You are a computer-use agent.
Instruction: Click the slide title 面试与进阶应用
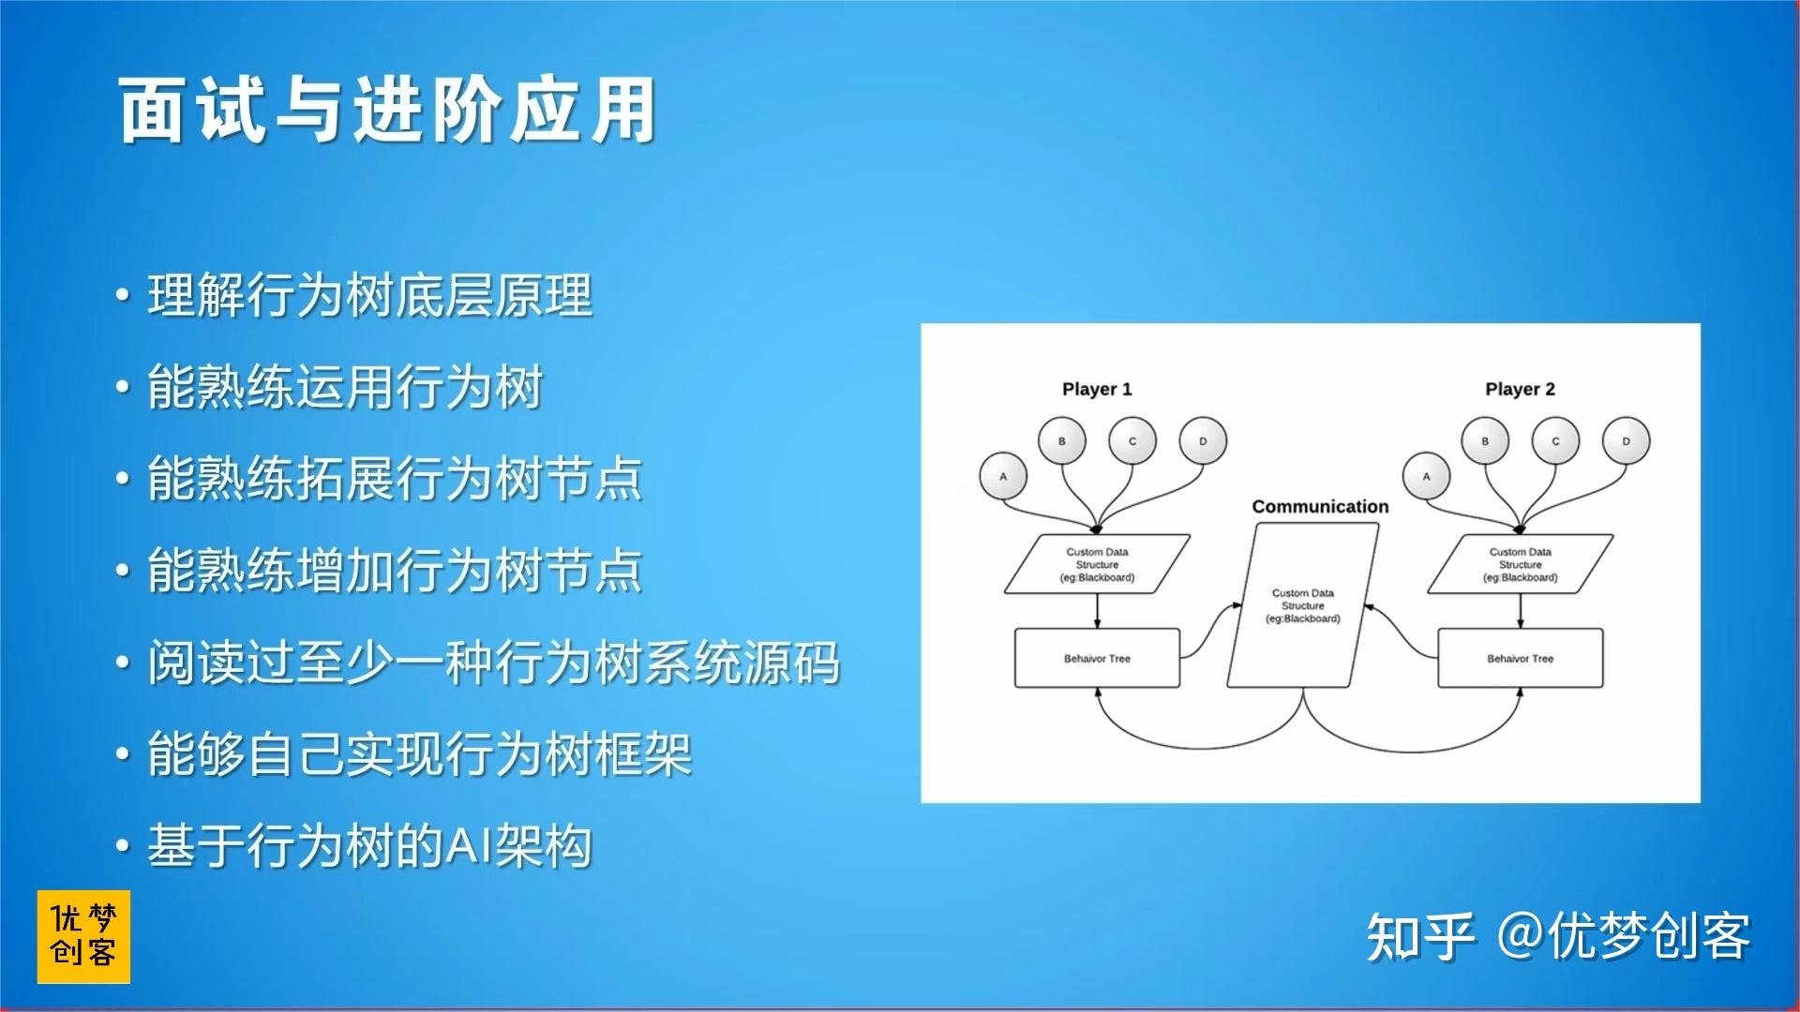(387, 112)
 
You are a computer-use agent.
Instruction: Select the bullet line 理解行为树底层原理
(369, 296)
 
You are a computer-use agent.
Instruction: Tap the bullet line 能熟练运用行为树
(345, 387)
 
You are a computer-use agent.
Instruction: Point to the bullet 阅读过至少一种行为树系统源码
(493, 662)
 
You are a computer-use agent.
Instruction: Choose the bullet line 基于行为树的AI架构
(369, 845)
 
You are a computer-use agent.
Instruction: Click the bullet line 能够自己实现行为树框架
(419, 754)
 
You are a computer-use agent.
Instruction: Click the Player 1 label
(1097, 389)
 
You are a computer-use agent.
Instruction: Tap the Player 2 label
(1520, 389)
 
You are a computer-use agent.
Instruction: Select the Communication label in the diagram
(1320, 506)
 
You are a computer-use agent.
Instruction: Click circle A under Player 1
(1003, 476)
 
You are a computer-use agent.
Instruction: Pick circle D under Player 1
(1203, 440)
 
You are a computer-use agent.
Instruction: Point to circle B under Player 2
(1485, 440)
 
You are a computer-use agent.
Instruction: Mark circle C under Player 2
(1555, 440)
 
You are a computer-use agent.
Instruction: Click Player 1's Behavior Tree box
(1097, 659)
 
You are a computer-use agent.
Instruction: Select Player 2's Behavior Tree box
(1520, 659)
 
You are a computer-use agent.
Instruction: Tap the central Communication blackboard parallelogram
(1303, 605)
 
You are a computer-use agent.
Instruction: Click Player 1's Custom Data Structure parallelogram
(1097, 564)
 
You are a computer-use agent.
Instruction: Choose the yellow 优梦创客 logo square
(83, 937)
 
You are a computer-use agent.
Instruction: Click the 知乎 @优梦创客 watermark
(1558, 936)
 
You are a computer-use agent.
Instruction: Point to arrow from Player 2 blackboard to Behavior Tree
(1520, 611)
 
